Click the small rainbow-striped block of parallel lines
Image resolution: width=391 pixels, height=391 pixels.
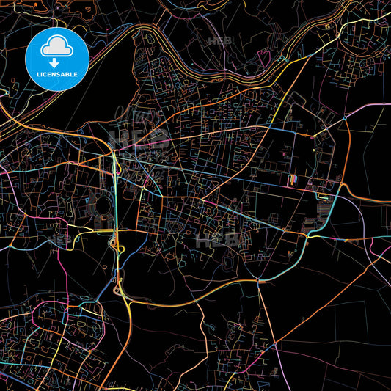(294, 179)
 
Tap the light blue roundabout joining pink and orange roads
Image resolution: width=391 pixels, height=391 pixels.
(344, 117)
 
